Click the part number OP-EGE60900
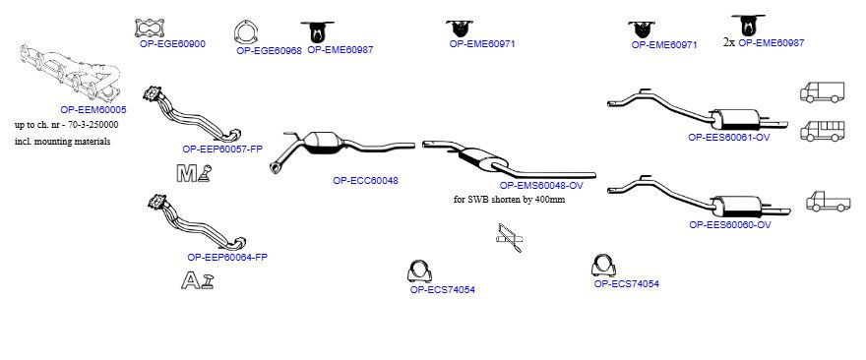pos(172,44)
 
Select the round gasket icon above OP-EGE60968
pos(246,32)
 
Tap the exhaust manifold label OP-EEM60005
pos(93,110)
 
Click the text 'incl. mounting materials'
pos(62,142)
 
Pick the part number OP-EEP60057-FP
pos(222,150)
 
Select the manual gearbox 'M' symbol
pos(193,173)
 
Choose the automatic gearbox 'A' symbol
pos(197,280)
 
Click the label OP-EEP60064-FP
pos(227,257)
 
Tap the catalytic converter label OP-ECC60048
pos(366,181)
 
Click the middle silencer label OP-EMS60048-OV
pos(541,186)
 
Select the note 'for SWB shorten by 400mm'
pos(509,200)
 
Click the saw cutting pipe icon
pos(509,237)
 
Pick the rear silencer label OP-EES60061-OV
pos(729,138)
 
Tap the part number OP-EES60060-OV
pos(730,224)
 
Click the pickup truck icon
pos(829,202)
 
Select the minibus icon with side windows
pos(823,132)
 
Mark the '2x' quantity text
pos(729,42)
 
